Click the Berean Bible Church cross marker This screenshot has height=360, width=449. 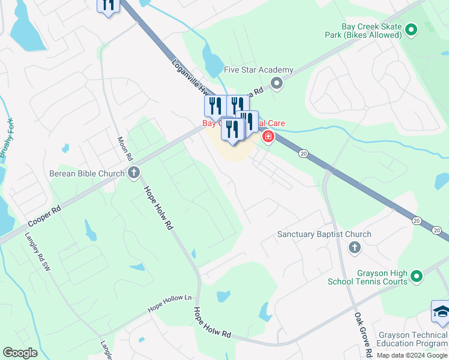click(134, 173)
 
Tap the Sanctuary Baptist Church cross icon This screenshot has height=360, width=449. click(354, 247)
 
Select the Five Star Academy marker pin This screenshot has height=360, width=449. click(276, 83)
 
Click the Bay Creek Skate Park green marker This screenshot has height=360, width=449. click(411, 29)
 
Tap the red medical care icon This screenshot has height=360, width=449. click(267, 137)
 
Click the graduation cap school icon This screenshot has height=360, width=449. click(441, 312)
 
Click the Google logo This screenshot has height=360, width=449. click(20, 353)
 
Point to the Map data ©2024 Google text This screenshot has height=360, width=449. click(412, 355)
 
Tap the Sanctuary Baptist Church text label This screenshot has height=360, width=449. click(324, 234)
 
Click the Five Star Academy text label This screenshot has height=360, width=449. click(258, 70)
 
